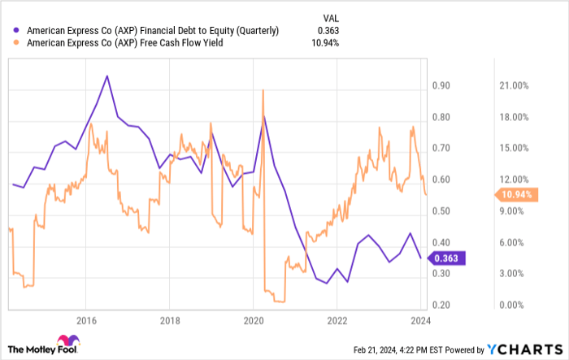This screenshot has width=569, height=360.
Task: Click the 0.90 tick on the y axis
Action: (441, 85)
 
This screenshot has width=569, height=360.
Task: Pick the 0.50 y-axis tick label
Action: (441, 211)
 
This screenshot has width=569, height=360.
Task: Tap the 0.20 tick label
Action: (441, 305)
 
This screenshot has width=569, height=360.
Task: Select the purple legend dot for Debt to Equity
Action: (17, 30)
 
